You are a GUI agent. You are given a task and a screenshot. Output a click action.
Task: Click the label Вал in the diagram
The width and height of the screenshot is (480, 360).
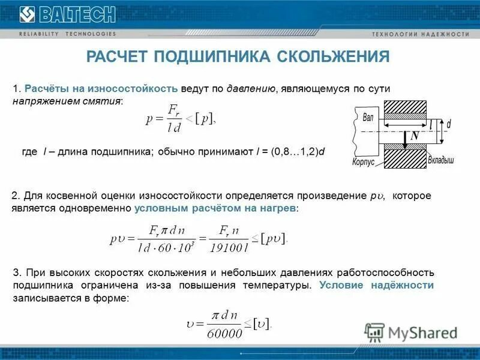click(x=368, y=117)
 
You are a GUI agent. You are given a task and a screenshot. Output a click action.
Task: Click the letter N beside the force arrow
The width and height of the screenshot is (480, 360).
click(x=415, y=136)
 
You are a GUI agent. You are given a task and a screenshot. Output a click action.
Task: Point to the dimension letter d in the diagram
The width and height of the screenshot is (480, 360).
click(x=449, y=123)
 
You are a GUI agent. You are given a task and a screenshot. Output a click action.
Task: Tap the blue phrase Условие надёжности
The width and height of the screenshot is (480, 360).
click(x=376, y=285)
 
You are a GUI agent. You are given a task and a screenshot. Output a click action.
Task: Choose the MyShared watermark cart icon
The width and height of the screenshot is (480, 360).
click(x=374, y=332)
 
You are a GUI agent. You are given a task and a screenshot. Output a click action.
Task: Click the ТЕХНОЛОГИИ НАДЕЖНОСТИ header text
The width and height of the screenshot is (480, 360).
click(x=421, y=34)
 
